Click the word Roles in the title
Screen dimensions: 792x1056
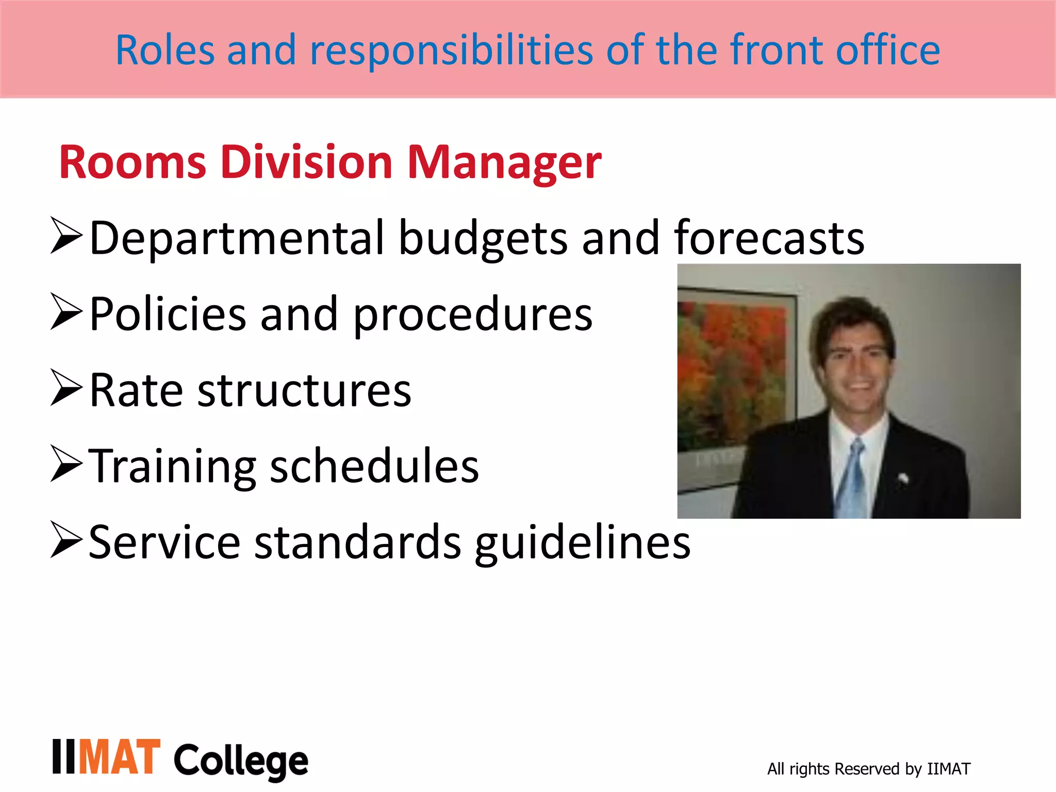[x=164, y=51]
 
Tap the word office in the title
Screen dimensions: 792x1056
[x=888, y=51]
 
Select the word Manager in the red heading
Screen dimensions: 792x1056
[x=504, y=163]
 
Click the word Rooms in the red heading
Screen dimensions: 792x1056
[x=133, y=163]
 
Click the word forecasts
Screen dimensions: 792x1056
[x=769, y=238]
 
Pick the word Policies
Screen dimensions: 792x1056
[x=168, y=314]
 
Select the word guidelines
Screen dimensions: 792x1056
[x=583, y=543]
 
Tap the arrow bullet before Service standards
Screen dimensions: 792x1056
[x=67, y=540]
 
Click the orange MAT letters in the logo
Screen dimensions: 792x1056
[x=120, y=757]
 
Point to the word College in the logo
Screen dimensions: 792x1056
[x=241, y=761]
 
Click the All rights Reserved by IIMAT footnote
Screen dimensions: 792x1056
[x=868, y=769]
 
